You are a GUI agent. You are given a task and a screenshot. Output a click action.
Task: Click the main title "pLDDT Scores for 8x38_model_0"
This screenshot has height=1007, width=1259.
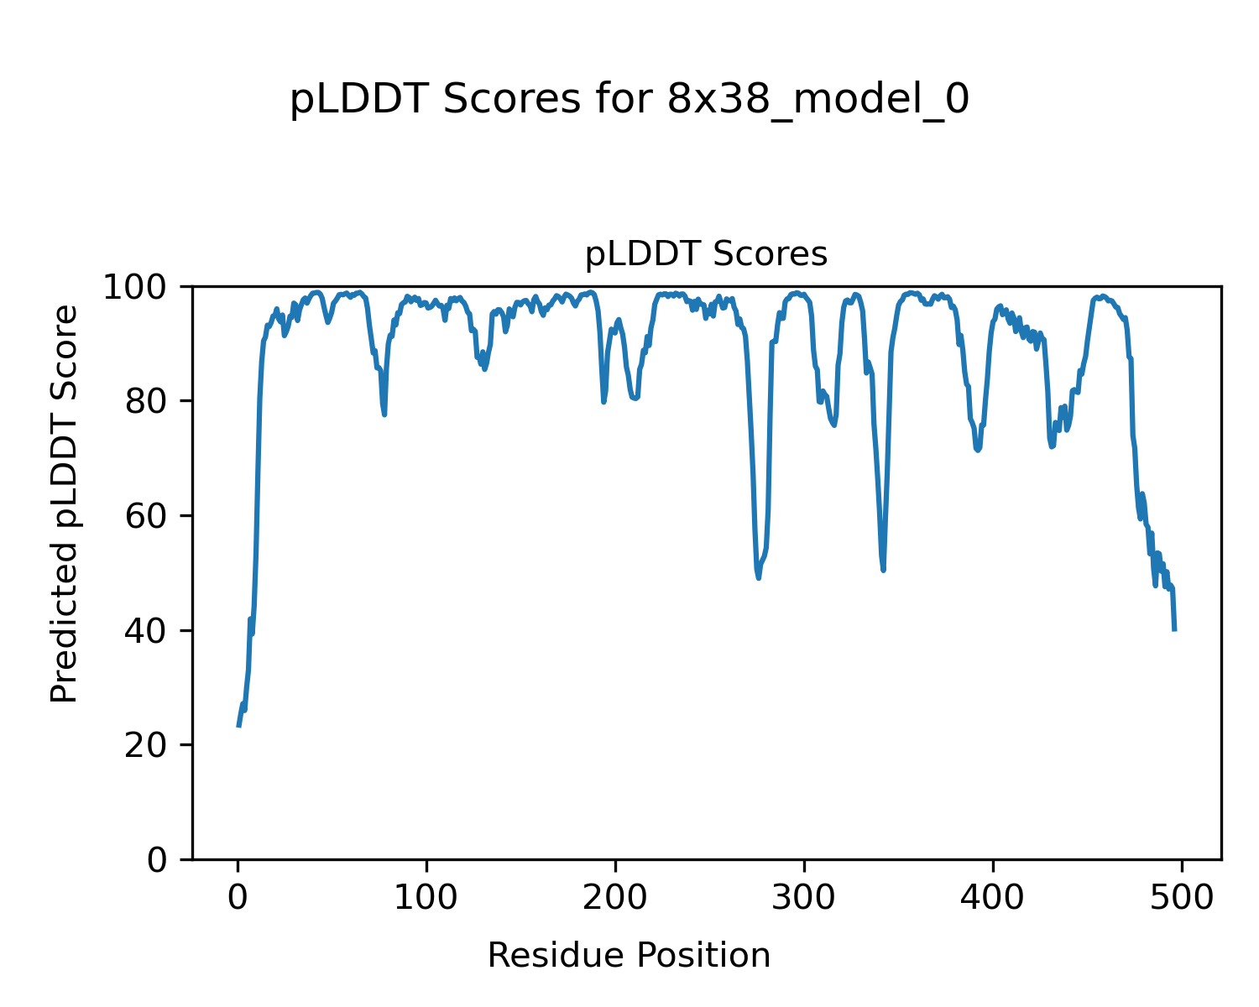pos(629,101)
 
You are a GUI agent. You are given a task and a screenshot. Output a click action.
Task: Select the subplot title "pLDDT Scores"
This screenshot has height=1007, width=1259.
pos(706,254)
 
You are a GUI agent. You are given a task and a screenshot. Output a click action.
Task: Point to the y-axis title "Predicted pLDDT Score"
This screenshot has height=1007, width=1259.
pos(65,503)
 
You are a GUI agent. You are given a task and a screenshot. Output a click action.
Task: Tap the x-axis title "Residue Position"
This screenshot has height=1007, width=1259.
pos(629,956)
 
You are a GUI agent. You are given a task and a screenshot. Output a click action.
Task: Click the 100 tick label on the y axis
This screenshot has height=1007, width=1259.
pos(139,288)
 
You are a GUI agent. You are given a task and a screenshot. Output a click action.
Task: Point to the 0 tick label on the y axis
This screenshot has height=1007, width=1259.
pos(157,860)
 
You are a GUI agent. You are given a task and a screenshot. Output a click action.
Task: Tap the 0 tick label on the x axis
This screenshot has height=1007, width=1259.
pos(238,898)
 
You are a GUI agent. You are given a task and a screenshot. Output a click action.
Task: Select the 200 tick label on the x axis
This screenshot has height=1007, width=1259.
pos(615,898)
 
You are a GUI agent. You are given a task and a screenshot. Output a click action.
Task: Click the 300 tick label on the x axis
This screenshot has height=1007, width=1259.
pos(804,898)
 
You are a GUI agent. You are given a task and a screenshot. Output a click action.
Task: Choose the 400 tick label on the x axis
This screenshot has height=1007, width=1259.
pos(993,898)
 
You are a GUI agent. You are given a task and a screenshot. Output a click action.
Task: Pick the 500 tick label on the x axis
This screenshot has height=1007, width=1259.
pos(1182,898)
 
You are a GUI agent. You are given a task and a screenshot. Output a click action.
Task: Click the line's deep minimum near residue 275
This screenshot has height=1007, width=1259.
pos(758,577)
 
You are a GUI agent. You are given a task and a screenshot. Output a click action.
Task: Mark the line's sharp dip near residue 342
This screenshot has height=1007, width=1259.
pos(884,570)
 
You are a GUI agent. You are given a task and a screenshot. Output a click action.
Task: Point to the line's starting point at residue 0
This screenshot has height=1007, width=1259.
pos(238,726)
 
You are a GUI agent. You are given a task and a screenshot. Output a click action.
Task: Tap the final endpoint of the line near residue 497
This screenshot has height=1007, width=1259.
pos(1174,629)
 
